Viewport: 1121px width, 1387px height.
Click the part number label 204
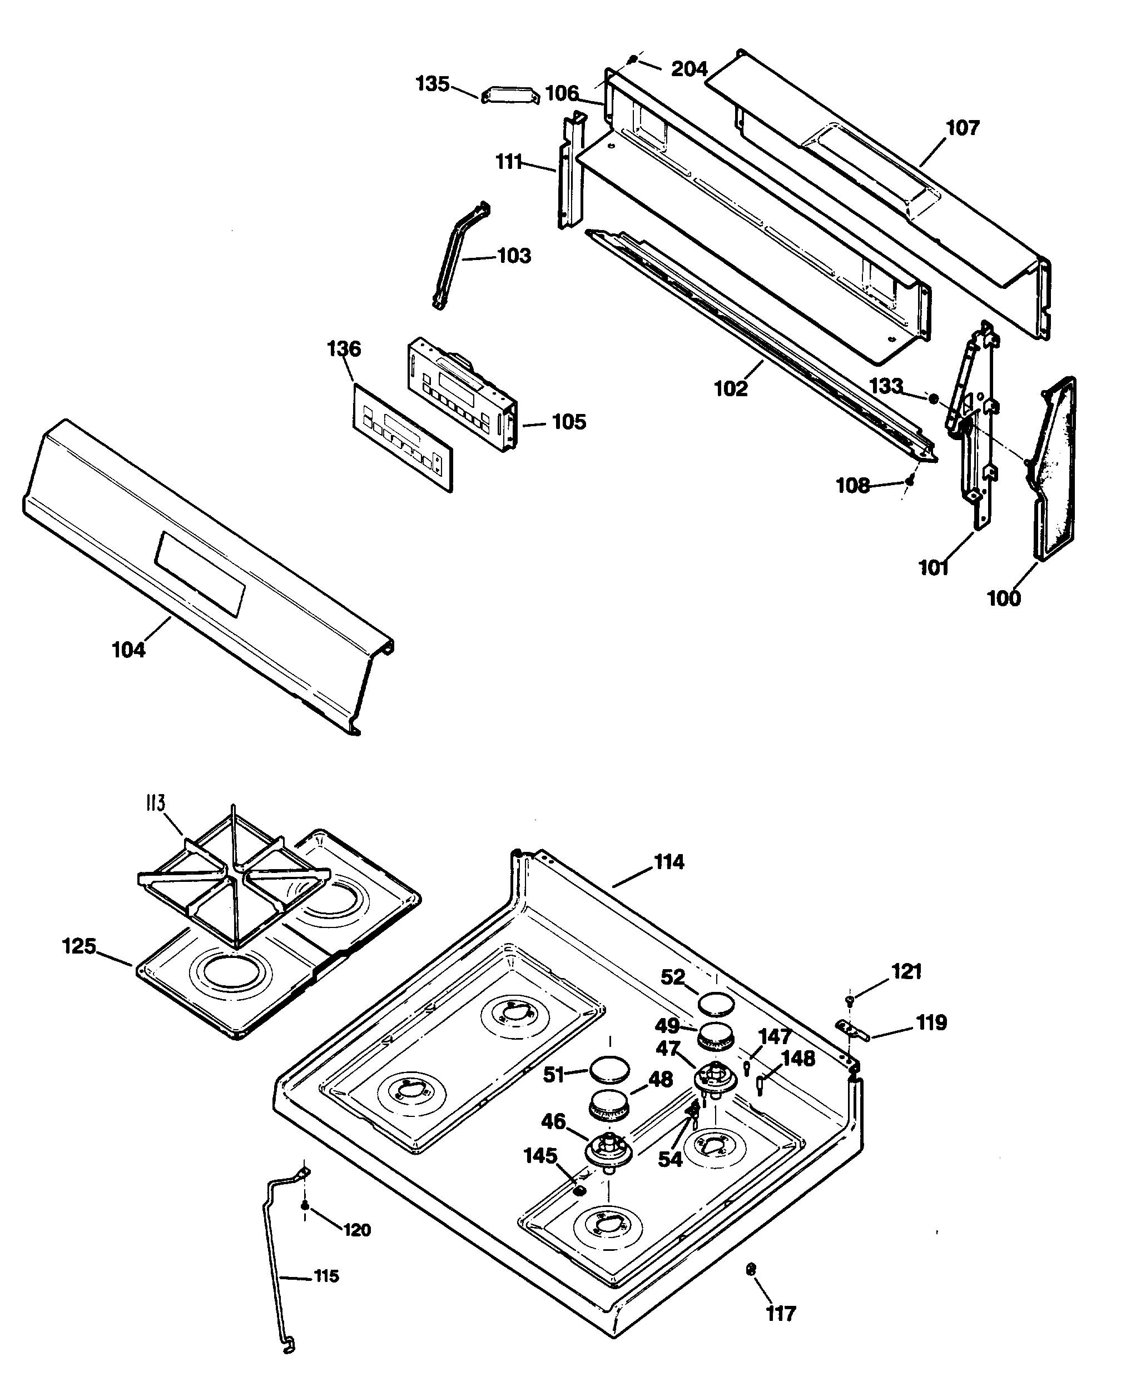689,68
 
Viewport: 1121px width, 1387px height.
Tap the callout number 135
432,84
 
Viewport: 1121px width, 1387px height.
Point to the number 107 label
962,128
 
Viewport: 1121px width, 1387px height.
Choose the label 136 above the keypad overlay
344,349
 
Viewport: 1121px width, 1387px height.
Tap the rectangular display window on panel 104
200,573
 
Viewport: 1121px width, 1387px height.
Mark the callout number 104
128,650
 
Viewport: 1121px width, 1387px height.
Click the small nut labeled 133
933,399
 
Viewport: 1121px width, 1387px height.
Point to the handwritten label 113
155,804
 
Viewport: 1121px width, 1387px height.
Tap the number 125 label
79,947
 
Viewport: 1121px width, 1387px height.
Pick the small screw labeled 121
850,1000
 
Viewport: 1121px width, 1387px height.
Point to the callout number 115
326,1276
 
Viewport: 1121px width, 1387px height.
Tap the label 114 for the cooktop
668,862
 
